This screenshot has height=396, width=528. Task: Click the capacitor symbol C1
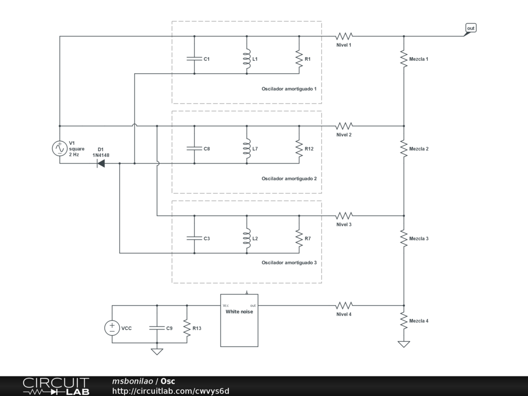tap(194, 59)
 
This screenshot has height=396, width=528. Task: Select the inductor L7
tap(247, 148)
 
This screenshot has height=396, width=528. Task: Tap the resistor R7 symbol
tap(299, 238)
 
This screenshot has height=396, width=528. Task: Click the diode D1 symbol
tap(101, 163)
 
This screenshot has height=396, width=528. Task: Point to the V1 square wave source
tap(60, 148)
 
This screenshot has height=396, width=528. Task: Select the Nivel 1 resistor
tap(344, 36)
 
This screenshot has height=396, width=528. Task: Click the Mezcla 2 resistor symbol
tap(404, 148)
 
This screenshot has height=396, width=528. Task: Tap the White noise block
tap(239, 320)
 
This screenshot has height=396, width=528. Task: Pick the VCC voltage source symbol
tap(112, 328)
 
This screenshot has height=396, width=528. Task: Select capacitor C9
tap(157, 328)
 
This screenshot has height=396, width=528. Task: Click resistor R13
tap(187, 328)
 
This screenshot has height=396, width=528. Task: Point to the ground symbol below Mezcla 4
tap(404, 344)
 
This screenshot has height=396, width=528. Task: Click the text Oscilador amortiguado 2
tap(289, 178)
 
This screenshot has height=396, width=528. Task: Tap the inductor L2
tap(247, 238)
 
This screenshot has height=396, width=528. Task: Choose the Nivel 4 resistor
tap(344, 305)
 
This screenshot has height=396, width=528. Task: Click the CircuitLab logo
tap(56, 386)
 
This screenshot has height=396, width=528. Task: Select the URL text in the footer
tap(171, 391)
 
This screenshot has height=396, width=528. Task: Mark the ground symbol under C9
tap(157, 352)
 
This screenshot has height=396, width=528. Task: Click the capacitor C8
tap(194, 148)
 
